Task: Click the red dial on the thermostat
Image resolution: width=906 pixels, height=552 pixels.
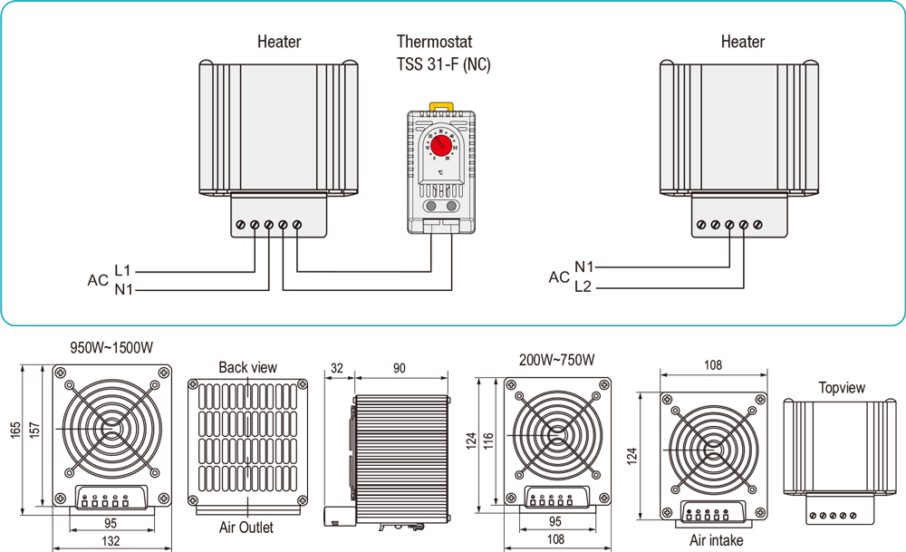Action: click(x=441, y=144)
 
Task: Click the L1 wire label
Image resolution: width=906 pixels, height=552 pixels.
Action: click(x=123, y=270)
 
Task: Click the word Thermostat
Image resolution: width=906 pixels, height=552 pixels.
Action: click(x=434, y=42)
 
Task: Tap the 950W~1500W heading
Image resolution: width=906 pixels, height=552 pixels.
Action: click(x=111, y=347)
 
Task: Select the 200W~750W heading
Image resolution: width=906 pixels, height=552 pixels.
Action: click(x=557, y=360)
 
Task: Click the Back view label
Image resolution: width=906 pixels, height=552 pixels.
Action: click(x=247, y=367)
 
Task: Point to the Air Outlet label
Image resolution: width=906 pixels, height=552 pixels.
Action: click(x=246, y=528)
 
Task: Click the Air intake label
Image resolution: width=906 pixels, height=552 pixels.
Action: click(x=716, y=541)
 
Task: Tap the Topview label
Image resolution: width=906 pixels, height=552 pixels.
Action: click(x=842, y=388)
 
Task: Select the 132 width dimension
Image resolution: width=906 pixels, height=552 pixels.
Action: click(x=111, y=542)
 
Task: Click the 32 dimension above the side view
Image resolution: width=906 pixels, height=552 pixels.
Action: click(x=338, y=368)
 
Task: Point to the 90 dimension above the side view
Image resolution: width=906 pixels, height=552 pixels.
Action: click(x=399, y=368)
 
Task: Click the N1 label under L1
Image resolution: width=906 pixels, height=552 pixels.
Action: click(x=123, y=290)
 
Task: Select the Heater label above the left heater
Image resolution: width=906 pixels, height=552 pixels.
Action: click(x=279, y=42)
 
